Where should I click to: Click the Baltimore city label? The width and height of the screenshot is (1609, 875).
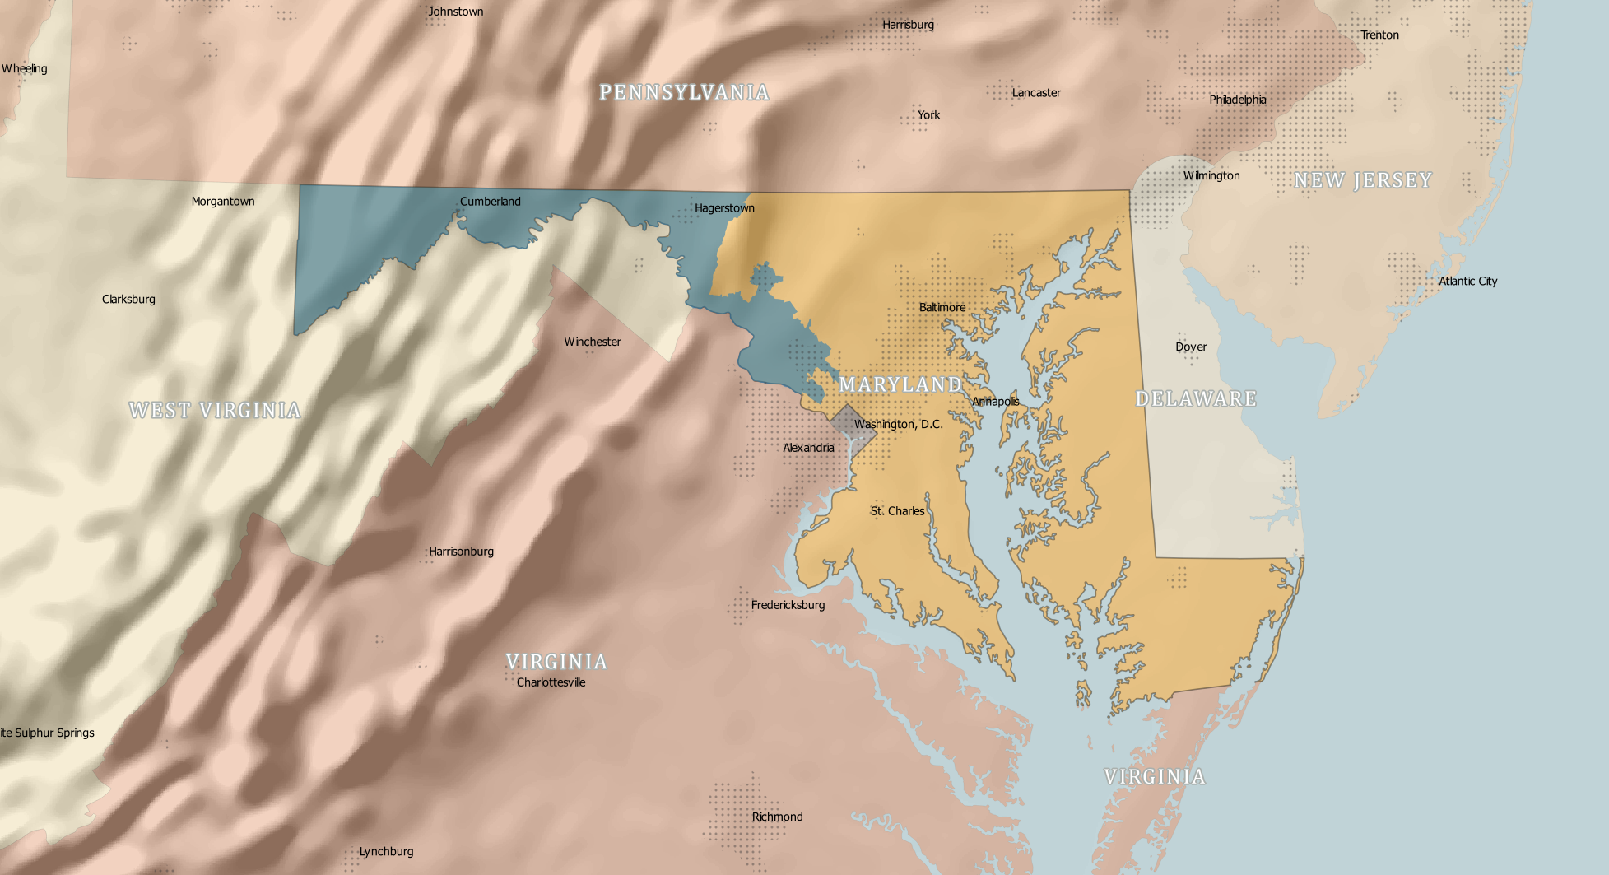click(x=942, y=308)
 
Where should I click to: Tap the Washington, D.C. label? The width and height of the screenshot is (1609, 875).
click(x=898, y=425)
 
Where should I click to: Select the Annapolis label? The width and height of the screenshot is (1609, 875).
click(x=995, y=402)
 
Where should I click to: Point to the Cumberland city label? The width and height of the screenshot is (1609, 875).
click(x=490, y=202)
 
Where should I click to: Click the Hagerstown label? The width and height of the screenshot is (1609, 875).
click(x=724, y=208)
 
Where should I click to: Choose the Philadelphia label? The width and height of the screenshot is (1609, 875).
click(x=1237, y=100)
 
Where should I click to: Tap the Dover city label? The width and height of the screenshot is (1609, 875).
click(x=1191, y=347)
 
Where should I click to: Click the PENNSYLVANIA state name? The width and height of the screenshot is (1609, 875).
click(x=684, y=92)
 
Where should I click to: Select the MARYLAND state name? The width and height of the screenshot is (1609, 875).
click(x=900, y=384)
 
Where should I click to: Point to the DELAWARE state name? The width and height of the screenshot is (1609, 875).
click(x=1196, y=399)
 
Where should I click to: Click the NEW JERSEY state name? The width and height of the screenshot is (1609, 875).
click(x=1363, y=180)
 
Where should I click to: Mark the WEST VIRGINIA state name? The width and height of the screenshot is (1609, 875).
click(x=215, y=410)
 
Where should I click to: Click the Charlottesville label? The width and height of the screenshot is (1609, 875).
click(x=551, y=682)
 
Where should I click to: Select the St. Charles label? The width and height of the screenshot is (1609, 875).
click(x=897, y=511)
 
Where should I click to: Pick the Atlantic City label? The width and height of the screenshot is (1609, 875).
click(x=1467, y=282)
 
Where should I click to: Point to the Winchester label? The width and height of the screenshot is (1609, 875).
click(x=592, y=342)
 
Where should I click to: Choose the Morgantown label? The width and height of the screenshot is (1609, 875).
click(x=222, y=202)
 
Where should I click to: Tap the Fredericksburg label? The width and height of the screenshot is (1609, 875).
click(x=788, y=605)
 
